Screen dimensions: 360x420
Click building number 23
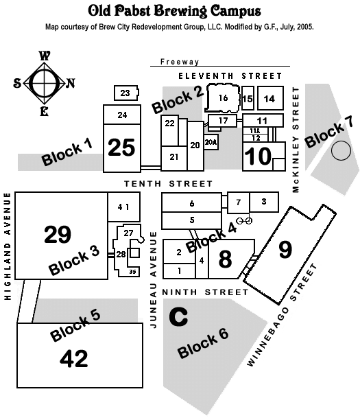126,93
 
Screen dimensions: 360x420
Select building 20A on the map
211,142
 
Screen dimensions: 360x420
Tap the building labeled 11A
255,130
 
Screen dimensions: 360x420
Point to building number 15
248,98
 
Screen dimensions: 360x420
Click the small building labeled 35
132,272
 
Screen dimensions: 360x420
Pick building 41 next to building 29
123,207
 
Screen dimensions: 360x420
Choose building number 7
239,202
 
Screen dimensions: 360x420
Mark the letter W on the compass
45,56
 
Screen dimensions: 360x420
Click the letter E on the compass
44,111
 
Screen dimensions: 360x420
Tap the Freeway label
180,62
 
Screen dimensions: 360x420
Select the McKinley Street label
296,139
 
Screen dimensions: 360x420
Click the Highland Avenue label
8,246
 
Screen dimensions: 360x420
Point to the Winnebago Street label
282,315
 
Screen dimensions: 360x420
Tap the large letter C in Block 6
178,316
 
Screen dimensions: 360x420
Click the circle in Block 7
341,150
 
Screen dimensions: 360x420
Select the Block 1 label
67,152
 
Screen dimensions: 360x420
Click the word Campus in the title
235,12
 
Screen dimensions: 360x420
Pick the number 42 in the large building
74,358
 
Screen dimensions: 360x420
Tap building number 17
223,121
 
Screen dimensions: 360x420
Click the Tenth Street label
169,184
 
